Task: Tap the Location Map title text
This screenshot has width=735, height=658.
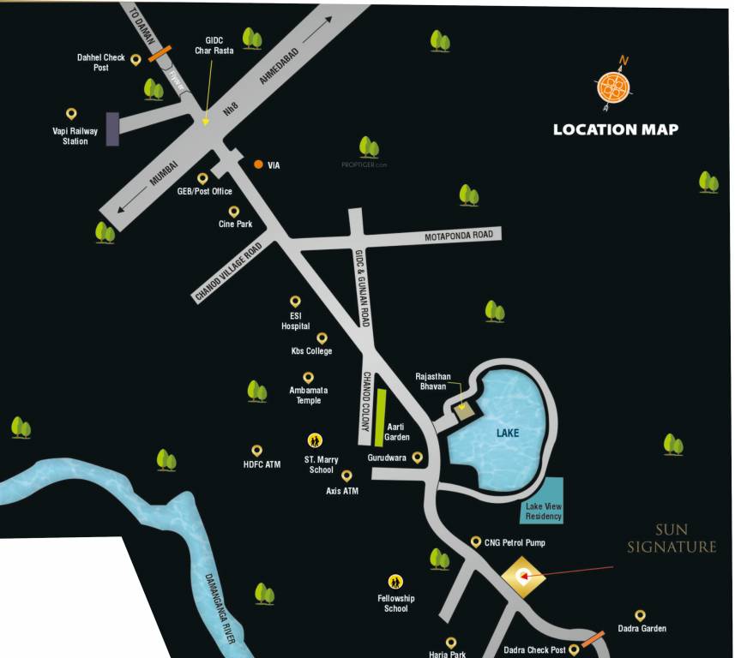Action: [x=615, y=129]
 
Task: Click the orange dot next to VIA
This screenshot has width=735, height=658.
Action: [x=258, y=164]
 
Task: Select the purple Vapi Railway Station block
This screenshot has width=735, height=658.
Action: [x=112, y=129]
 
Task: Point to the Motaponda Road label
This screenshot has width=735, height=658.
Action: [x=459, y=236]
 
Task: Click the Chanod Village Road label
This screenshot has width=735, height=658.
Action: [x=228, y=272]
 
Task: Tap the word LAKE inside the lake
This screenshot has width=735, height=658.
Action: [x=508, y=433]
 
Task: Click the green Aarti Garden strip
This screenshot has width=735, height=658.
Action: [x=379, y=418]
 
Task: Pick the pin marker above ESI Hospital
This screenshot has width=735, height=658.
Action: [x=295, y=302]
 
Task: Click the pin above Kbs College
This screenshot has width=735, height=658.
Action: [x=322, y=338]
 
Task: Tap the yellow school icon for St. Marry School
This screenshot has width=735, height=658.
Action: [x=315, y=440]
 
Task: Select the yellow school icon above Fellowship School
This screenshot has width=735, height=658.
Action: [x=395, y=581]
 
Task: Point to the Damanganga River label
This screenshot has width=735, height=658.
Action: [x=219, y=596]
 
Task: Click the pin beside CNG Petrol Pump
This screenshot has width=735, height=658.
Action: [x=477, y=542]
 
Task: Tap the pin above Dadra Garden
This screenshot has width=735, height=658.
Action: [x=639, y=615]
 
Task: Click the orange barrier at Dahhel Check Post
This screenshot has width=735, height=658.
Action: [x=160, y=54]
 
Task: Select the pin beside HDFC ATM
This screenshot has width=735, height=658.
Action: [x=256, y=450]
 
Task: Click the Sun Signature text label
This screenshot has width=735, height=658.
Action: [x=671, y=538]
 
